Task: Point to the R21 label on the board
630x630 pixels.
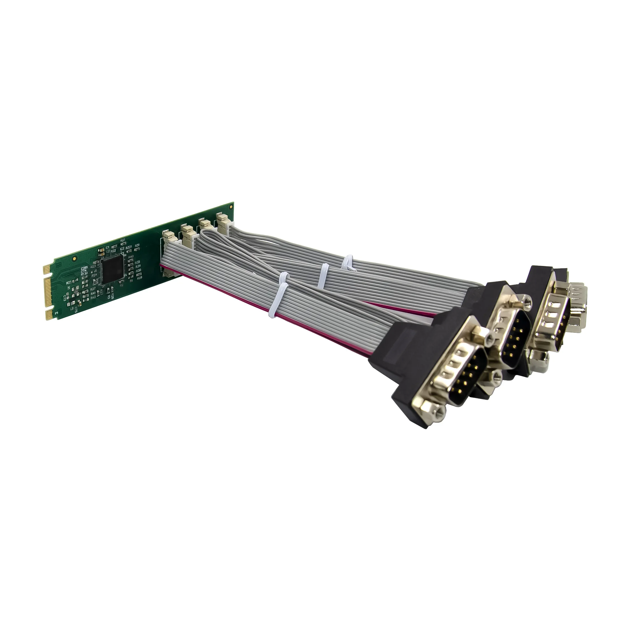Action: tap(123, 240)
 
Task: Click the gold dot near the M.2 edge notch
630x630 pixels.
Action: tap(75, 258)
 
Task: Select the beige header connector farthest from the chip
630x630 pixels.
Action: tap(223, 222)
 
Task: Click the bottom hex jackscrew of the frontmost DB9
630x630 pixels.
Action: tap(433, 413)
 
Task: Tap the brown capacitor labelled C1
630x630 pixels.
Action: tap(102, 249)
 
